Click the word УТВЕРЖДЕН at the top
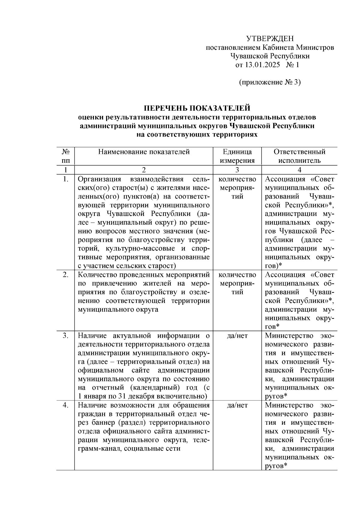point(270,39)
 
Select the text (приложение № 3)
point(270,82)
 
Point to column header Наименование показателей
point(144,152)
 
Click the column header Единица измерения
point(237,156)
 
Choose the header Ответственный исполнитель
point(299,156)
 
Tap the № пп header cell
point(65,156)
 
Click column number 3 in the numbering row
point(237,170)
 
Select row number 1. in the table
point(66,179)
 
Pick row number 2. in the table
point(66,275)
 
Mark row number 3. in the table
point(66,336)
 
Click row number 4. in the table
point(66,405)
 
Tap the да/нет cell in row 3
point(237,336)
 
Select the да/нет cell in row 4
point(237,405)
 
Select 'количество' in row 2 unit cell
point(237,275)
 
